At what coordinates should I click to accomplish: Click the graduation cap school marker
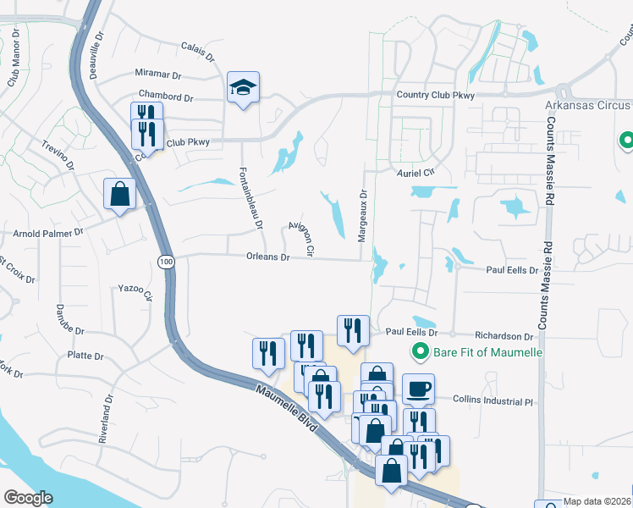pyautogui.click(x=243, y=88)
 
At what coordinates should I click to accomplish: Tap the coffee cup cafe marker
pyautogui.click(x=418, y=389)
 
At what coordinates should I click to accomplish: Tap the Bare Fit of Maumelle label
pyautogui.click(x=487, y=351)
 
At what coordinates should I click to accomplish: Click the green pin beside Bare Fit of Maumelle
pyautogui.click(x=418, y=351)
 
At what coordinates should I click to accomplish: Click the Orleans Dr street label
pyautogui.click(x=268, y=257)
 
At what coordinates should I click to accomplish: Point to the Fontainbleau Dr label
pyautogui.click(x=250, y=192)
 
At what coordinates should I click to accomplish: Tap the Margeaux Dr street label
pyautogui.click(x=362, y=216)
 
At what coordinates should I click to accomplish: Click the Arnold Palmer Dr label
pyautogui.click(x=48, y=231)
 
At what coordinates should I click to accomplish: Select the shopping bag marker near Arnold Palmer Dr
pyautogui.click(x=119, y=194)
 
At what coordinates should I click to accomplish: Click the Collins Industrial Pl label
pyautogui.click(x=493, y=399)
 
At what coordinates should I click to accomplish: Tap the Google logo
pyautogui.click(x=28, y=498)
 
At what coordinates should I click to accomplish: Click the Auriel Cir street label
pyautogui.click(x=415, y=173)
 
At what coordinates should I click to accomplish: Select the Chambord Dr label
pyautogui.click(x=167, y=96)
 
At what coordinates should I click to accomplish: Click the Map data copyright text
pyautogui.click(x=596, y=501)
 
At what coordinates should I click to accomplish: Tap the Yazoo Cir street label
pyautogui.click(x=135, y=291)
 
